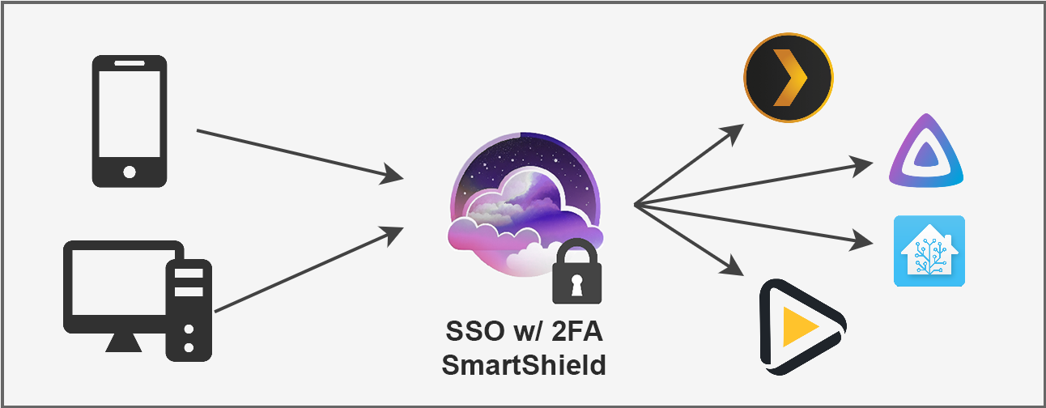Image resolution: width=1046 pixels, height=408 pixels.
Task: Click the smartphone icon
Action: pos(130,121)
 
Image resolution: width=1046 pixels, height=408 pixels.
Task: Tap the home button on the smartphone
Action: pos(130,172)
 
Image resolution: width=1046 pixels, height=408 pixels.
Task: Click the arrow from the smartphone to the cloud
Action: pos(300,153)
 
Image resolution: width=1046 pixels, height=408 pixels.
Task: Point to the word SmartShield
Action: pos(524,365)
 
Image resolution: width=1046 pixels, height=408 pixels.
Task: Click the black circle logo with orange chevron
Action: pos(788,78)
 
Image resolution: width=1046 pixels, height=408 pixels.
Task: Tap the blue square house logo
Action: pos(929,250)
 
